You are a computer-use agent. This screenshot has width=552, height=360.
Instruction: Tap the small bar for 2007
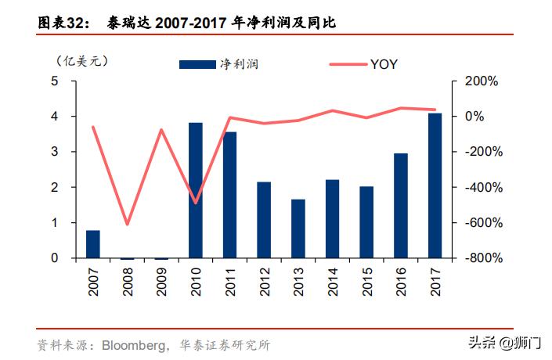click(x=92, y=244)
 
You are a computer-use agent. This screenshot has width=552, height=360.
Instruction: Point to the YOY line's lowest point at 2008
click(x=127, y=225)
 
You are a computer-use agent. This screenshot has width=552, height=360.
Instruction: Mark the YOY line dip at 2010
click(x=196, y=203)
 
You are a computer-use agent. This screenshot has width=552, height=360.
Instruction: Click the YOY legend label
click(x=384, y=65)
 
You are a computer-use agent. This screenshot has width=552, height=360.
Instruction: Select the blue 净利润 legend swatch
click(x=197, y=65)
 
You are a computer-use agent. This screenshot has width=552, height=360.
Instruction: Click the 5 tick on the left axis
click(x=54, y=81)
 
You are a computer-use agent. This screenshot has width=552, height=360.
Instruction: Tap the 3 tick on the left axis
click(x=54, y=152)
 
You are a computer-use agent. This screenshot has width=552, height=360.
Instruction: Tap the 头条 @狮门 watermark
click(x=504, y=343)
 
